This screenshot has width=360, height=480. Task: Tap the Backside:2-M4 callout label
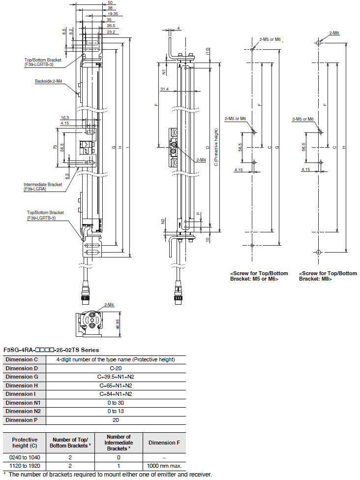click(48, 81)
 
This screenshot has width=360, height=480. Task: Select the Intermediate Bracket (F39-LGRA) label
click(42, 187)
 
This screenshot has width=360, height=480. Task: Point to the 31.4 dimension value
click(164, 89)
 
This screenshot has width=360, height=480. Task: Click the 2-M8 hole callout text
click(334, 33)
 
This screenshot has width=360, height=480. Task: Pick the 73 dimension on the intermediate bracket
click(56, 147)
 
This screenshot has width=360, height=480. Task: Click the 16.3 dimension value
click(65, 118)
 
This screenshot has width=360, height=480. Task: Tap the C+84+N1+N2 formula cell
click(116, 394)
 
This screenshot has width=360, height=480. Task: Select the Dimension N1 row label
click(23, 403)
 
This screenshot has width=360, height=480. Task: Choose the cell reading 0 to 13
click(116, 412)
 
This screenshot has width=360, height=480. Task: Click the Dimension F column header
click(164, 443)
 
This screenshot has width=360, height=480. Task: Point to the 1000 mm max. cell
click(164, 466)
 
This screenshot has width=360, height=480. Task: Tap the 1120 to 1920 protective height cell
click(25, 466)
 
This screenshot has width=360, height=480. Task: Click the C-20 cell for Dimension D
click(116, 368)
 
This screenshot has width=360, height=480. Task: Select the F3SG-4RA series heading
click(51, 350)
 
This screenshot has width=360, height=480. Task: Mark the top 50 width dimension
click(110, 3)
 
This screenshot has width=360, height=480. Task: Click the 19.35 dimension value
click(113, 14)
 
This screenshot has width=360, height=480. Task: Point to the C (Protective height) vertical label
click(216, 147)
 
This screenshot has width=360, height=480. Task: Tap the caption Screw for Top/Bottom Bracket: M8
click(328, 276)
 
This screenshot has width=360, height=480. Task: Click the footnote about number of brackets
click(107, 475)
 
